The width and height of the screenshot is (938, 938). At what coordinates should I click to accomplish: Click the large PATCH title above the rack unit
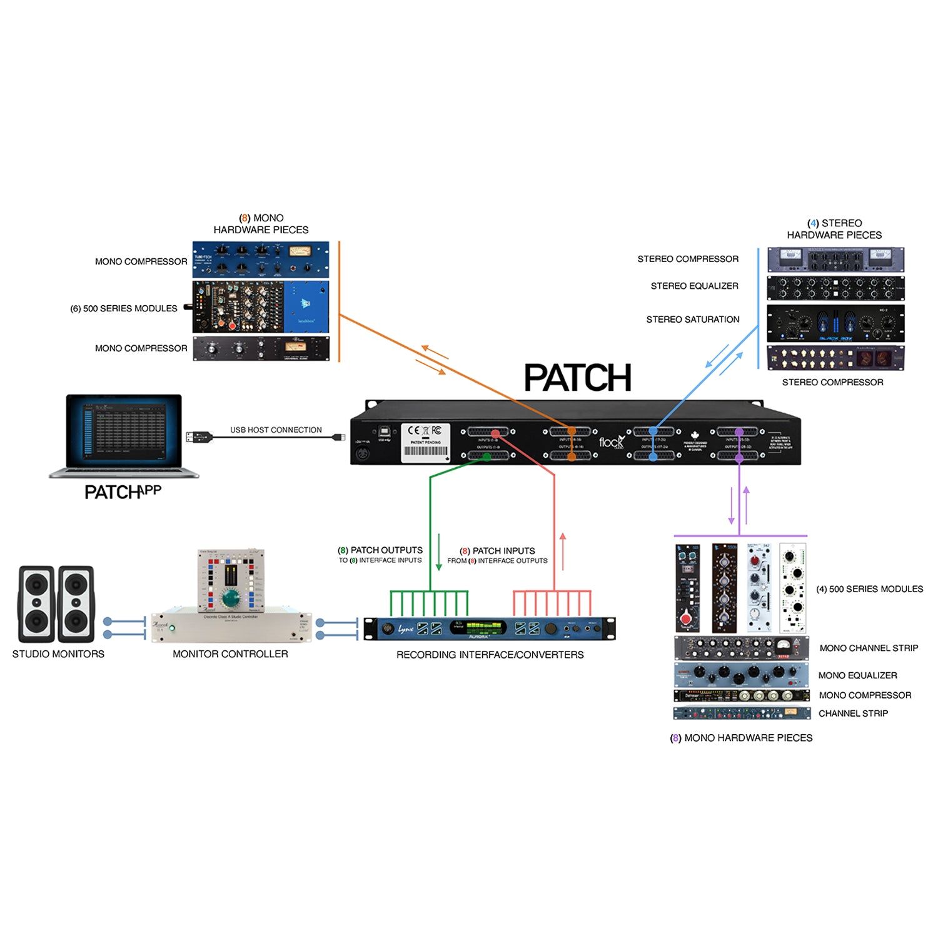click(x=577, y=378)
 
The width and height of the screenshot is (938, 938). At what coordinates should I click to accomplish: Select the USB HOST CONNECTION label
click(x=276, y=430)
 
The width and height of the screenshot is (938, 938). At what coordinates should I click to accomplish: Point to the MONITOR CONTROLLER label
click(x=230, y=654)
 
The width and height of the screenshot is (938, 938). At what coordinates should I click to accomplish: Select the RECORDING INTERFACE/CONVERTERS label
click(x=490, y=655)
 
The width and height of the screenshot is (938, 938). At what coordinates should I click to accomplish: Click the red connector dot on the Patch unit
click(x=495, y=433)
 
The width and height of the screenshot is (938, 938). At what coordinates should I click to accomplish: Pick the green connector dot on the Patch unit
click(x=487, y=456)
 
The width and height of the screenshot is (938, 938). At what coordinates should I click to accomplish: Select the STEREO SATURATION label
click(x=692, y=320)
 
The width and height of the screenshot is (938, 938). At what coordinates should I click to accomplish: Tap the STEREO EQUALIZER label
click(x=694, y=286)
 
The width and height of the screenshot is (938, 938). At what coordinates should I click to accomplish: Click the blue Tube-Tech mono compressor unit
click(x=260, y=260)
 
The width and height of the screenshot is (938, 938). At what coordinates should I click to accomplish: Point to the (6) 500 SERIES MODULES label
click(x=124, y=308)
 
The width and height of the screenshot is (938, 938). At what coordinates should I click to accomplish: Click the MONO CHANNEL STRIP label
click(x=869, y=648)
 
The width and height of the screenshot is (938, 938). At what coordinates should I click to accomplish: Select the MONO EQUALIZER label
click(x=857, y=675)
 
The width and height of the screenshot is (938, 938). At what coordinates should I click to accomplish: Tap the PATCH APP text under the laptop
click(x=123, y=492)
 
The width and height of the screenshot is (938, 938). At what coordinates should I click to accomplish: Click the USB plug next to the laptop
click(x=198, y=436)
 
